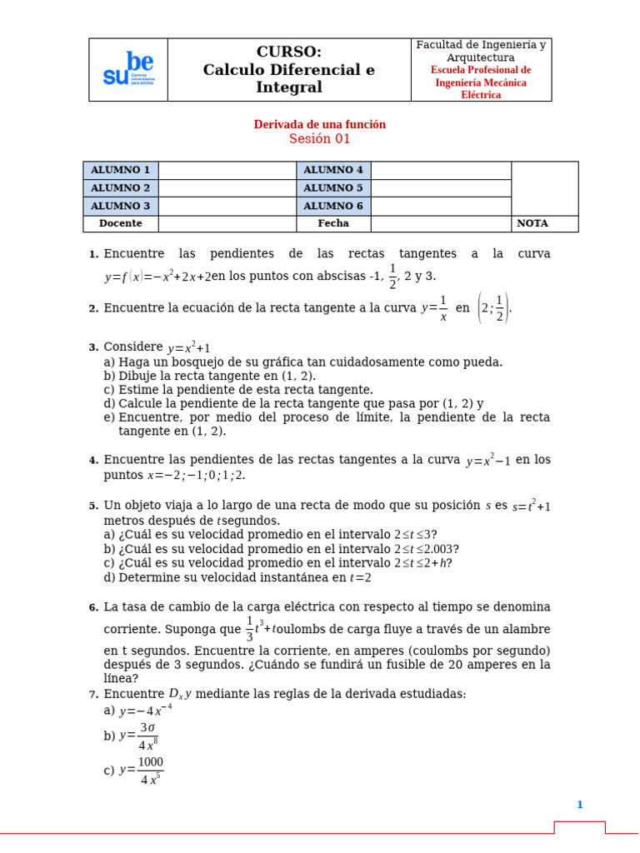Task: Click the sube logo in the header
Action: click(x=127, y=70)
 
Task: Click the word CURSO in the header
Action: click(x=288, y=52)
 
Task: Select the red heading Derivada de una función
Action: click(x=319, y=124)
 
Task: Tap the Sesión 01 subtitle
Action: click(x=319, y=139)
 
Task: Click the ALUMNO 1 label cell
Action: click(x=120, y=170)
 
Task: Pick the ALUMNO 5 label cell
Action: click(x=333, y=188)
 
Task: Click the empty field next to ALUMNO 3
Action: click(x=227, y=206)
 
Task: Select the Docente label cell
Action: click(x=120, y=223)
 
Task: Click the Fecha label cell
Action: click(x=333, y=223)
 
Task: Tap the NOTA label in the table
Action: click(x=532, y=223)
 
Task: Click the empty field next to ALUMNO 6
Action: click(x=440, y=206)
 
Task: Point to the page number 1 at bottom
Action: click(x=580, y=805)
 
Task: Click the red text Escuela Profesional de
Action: click(x=481, y=70)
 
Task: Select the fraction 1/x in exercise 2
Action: click(x=443, y=308)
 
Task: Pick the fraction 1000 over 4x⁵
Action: click(x=150, y=771)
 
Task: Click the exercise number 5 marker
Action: click(x=93, y=506)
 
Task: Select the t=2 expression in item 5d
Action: click(x=360, y=577)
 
